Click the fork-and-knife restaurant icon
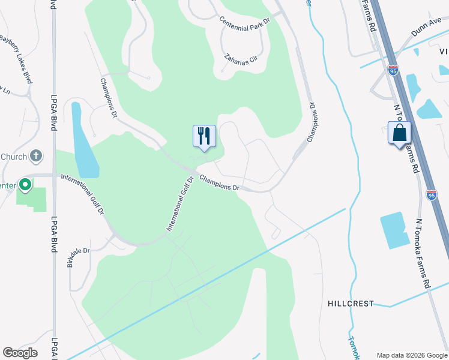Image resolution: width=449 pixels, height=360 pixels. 204,136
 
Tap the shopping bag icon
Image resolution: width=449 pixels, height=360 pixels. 399,133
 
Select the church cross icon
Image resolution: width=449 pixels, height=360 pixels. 36,157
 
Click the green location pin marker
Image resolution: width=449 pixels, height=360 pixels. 25,185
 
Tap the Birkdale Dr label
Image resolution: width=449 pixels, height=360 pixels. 79,256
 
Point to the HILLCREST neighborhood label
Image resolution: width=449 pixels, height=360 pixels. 351,304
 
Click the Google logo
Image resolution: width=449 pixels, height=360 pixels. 20,353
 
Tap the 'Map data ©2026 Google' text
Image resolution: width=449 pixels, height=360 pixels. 411,355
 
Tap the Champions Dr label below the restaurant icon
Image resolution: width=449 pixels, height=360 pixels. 219,183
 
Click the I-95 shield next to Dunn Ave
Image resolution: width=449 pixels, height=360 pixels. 393,70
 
